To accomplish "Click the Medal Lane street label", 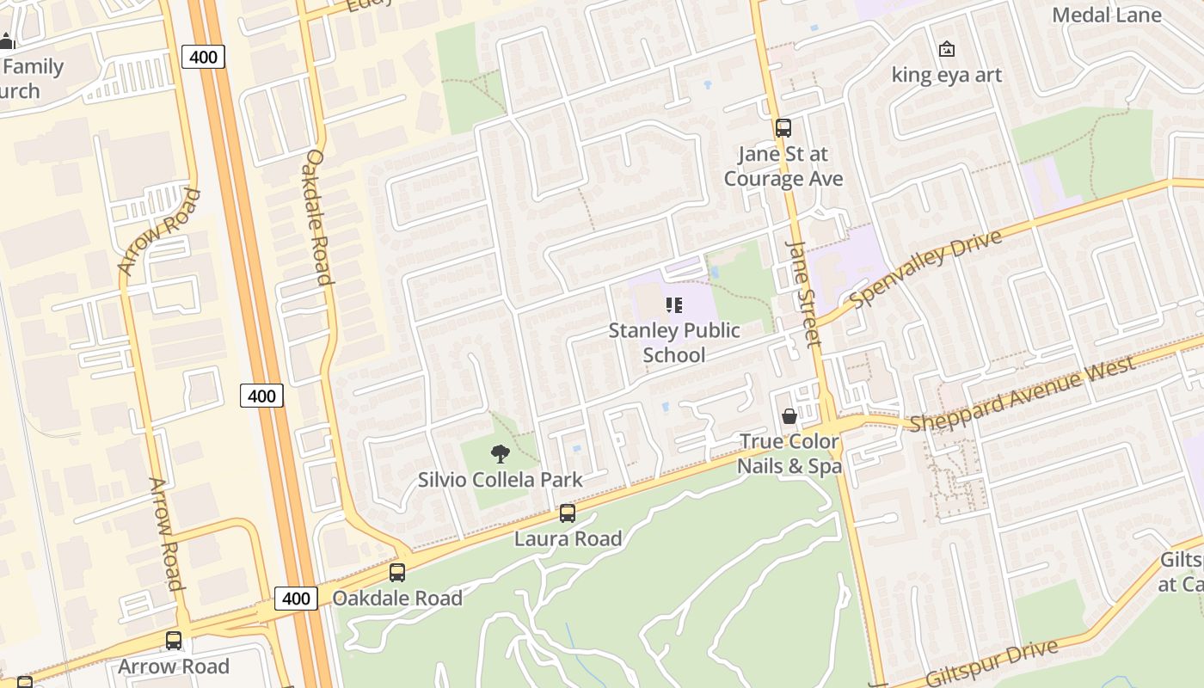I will click(1107, 15).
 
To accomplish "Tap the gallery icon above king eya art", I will click(947, 49).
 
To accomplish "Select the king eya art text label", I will click(947, 75).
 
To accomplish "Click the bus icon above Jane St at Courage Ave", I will click(783, 128).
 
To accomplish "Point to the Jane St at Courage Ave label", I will click(783, 166).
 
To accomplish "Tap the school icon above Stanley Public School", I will click(674, 305).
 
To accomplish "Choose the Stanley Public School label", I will click(674, 342).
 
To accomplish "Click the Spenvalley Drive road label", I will click(926, 268).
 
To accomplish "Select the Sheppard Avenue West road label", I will click(1023, 393).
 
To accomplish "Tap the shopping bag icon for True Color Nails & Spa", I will click(789, 417).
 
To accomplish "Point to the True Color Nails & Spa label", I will click(789, 453).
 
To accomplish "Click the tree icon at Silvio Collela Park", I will click(500, 454).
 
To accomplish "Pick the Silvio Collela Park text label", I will click(501, 480).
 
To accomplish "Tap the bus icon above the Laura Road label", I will click(568, 513).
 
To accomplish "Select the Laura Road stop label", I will click(568, 539).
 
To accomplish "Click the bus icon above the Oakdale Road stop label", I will click(397, 573).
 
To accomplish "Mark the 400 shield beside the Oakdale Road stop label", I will click(296, 599).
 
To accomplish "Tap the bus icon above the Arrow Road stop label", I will click(174, 641).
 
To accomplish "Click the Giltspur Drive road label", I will click(992, 663).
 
